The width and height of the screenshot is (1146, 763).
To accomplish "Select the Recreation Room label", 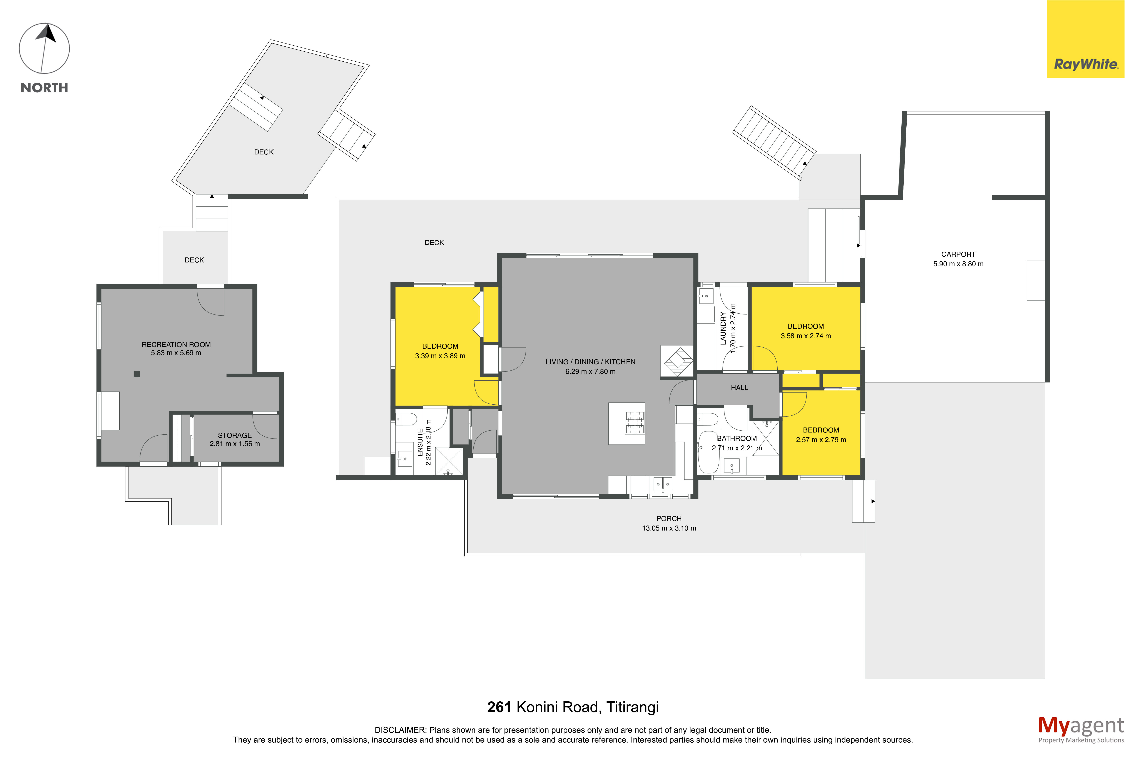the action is point(176,344).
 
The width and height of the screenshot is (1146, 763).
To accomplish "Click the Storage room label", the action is point(235,435).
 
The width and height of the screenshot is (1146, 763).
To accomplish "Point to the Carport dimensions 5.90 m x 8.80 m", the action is point(958,264).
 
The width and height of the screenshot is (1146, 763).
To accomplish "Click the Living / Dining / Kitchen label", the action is point(590,362).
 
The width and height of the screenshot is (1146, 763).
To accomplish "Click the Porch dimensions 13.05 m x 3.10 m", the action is point(669,528).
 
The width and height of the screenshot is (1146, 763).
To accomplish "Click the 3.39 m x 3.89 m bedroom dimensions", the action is point(440,356).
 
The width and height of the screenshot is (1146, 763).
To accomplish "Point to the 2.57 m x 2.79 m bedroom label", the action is point(821,435).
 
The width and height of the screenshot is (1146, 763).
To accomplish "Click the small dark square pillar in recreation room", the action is point(137,374).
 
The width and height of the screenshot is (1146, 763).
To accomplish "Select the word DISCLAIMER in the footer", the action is point(400,730).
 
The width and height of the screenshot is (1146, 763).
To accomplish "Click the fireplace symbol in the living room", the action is point(677,361).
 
